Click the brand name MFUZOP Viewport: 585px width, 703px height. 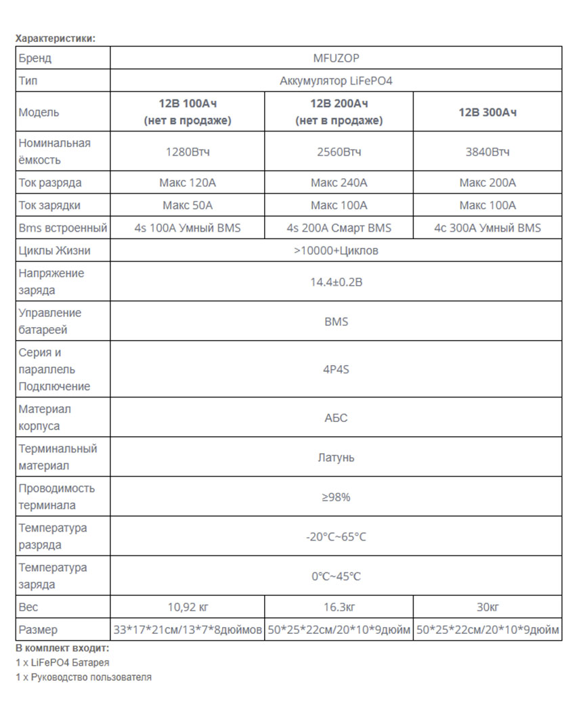(x=336, y=58)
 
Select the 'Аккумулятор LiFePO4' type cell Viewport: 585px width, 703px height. (x=336, y=81)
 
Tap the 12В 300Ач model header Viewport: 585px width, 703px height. (x=487, y=112)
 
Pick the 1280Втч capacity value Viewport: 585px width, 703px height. (x=188, y=152)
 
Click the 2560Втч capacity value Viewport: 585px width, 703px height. (x=339, y=152)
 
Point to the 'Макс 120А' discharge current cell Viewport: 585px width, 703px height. (x=188, y=183)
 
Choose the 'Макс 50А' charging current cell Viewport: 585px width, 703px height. (x=188, y=205)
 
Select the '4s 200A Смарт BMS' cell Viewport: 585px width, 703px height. (x=339, y=228)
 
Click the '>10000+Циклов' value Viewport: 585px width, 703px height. (x=336, y=251)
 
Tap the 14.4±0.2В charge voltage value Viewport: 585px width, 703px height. (x=336, y=282)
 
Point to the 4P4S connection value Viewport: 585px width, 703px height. (x=336, y=370)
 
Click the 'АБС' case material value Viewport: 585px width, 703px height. (x=336, y=418)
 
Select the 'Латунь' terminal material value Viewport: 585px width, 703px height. (x=336, y=457)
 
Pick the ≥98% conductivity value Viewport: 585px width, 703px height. (x=336, y=497)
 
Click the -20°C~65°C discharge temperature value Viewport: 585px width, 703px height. (x=336, y=536)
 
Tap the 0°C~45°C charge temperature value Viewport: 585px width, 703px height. (x=336, y=576)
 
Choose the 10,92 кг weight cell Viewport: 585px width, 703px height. (x=188, y=607)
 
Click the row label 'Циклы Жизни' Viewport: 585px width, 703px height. (x=54, y=251)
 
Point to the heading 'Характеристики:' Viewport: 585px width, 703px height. (x=56, y=38)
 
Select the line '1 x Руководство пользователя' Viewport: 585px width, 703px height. (x=84, y=677)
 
